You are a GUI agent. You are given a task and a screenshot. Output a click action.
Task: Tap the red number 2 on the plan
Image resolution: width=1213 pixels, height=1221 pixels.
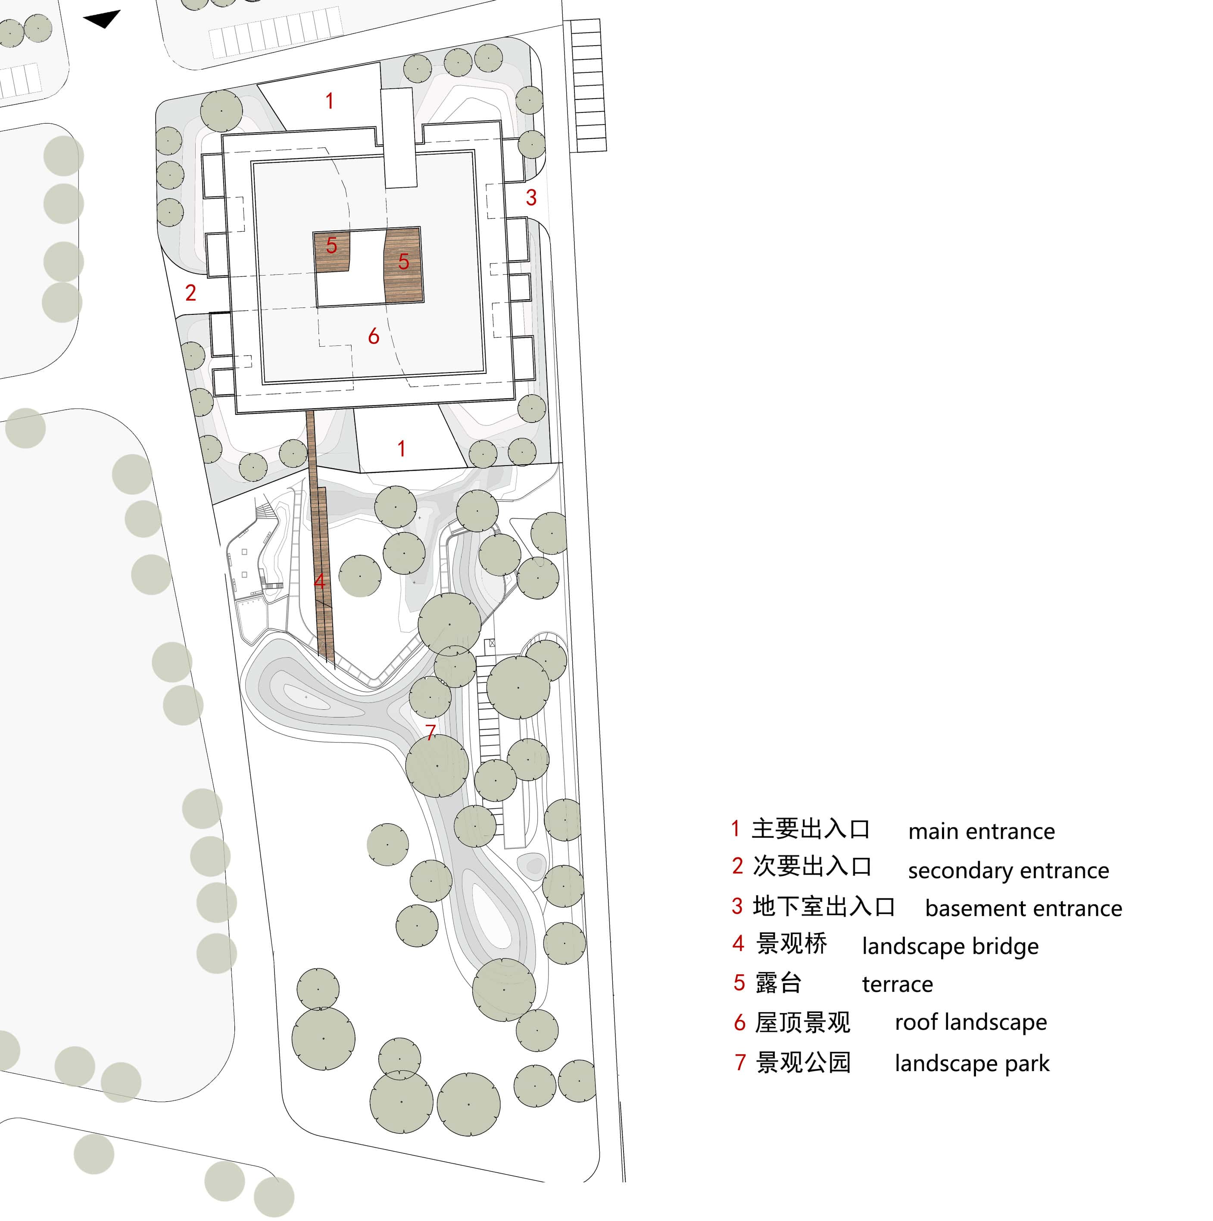point(190,292)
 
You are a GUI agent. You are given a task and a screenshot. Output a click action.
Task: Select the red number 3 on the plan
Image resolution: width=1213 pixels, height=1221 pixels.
point(531,198)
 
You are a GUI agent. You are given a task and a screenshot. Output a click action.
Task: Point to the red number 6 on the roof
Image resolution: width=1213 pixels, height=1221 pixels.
point(374,336)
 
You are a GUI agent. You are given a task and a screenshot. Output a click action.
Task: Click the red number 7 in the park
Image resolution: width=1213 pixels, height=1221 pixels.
point(430,733)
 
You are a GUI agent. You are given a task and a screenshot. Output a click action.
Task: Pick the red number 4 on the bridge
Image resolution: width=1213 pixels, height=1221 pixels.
point(320,581)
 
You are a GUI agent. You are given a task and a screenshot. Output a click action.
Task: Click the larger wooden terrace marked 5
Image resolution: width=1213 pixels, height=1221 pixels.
point(403,265)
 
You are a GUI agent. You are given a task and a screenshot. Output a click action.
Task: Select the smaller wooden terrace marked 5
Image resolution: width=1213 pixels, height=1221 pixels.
point(332,252)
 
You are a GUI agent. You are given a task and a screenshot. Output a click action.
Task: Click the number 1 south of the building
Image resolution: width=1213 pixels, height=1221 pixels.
point(401,449)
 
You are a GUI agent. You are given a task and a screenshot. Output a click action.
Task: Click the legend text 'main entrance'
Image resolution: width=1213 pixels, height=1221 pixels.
point(981,831)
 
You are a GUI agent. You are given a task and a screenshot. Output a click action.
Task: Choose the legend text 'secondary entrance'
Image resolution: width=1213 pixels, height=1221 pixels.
point(1008,870)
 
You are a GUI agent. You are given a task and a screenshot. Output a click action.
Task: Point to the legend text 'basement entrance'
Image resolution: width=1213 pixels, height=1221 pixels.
point(1023,908)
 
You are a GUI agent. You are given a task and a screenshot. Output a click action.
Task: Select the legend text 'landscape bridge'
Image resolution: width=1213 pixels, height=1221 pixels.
point(950,946)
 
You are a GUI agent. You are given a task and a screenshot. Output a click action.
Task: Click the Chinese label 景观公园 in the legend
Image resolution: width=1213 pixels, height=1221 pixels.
point(803,1063)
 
